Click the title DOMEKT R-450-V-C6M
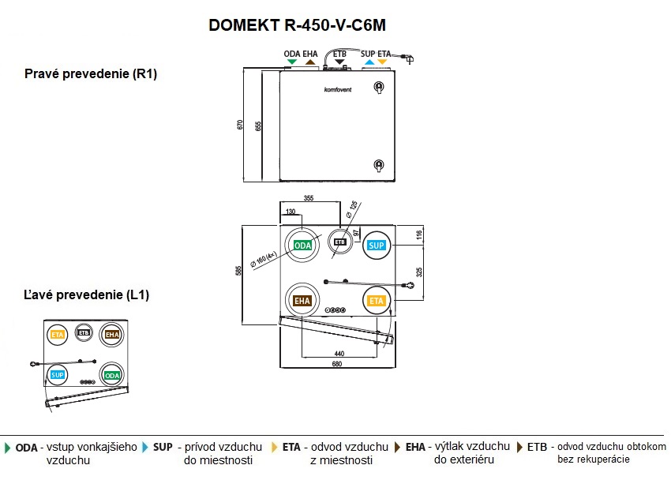point(297,25)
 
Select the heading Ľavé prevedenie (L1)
point(87,295)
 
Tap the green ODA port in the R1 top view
point(302,246)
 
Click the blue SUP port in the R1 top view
point(377,246)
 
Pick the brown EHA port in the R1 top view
point(302,300)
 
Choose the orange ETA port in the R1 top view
point(377,300)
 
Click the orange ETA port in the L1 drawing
point(57,335)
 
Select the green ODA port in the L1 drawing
point(112,375)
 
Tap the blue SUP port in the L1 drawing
point(57,374)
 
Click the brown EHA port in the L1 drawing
point(112,335)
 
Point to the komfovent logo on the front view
point(338,89)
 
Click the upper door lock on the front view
point(377,87)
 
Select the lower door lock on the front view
point(377,166)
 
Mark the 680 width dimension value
point(336,364)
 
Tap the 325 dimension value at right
point(418,271)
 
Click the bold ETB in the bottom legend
point(537,447)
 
